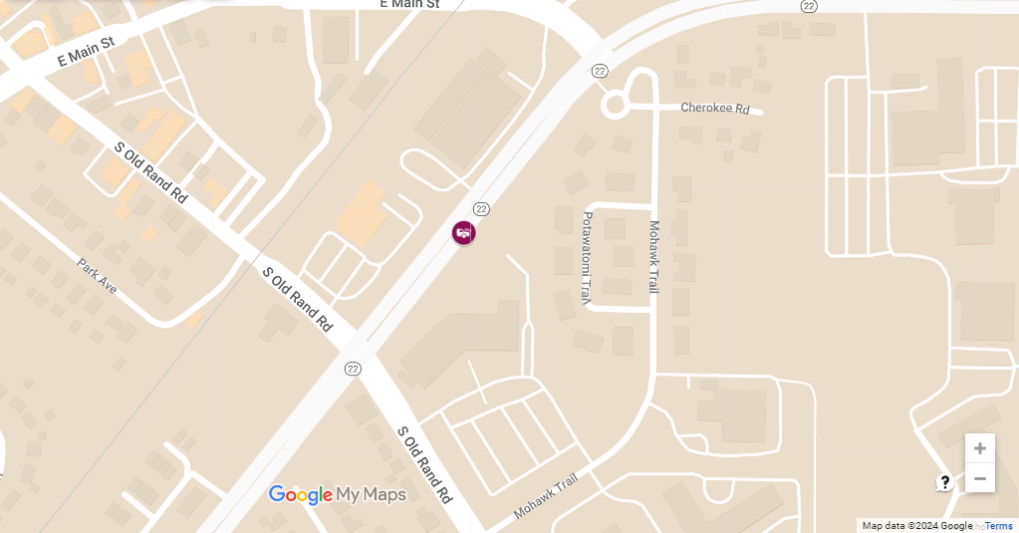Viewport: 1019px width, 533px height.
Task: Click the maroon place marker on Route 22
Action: pyautogui.click(x=463, y=233)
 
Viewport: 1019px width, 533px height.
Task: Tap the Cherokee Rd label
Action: pyautogui.click(x=714, y=108)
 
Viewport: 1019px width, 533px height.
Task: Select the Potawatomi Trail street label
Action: pyautogui.click(x=587, y=257)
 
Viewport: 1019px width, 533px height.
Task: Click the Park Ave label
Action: pyautogui.click(x=98, y=276)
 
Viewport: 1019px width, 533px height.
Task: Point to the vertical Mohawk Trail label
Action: pyautogui.click(x=654, y=256)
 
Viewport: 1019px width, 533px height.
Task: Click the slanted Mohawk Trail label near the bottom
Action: pyautogui.click(x=546, y=496)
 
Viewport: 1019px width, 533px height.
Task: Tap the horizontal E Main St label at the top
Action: pyautogui.click(x=409, y=5)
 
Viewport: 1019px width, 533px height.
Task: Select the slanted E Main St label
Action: pyautogui.click(x=87, y=52)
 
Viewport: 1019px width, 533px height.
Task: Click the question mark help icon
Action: pyautogui.click(x=944, y=482)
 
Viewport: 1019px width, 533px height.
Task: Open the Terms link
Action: pyautogui.click(x=999, y=526)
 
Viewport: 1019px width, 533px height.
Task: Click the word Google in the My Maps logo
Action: pyautogui.click(x=300, y=494)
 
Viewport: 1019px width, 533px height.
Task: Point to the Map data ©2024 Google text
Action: pyautogui.click(x=916, y=526)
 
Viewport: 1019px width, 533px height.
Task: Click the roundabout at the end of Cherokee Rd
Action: pyautogui.click(x=615, y=104)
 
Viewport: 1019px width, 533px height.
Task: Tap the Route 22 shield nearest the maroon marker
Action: pyautogui.click(x=482, y=208)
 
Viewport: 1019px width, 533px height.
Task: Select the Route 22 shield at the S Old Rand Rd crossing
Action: pyautogui.click(x=353, y=369)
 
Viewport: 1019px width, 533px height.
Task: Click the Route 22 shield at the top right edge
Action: pyautogui.click(x=809, y=6)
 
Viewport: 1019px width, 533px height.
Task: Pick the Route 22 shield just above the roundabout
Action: pyautogui.click(x=599, y=71)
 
